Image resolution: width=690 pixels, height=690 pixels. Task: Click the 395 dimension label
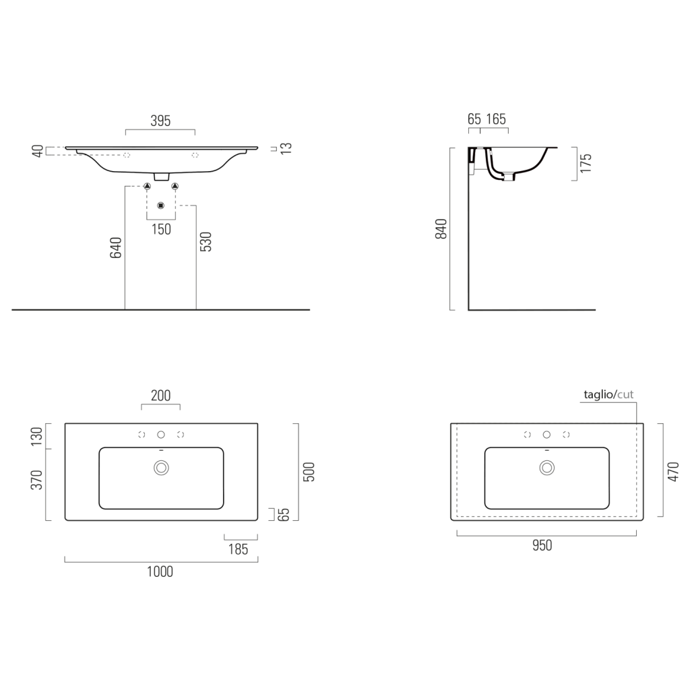tap(160, 121)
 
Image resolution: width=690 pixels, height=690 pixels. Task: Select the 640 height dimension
tap(116, 247)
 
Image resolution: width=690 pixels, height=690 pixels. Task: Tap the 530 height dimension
tap(206, 242)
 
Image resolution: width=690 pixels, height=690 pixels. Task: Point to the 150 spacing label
tap(161, 229)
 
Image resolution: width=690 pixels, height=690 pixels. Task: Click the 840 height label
tap(441, 229)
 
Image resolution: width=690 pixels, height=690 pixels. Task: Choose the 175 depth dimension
tap(586, 163)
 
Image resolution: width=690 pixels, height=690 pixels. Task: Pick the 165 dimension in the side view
tap(496, 119)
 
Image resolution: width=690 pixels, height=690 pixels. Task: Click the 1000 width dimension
tap(160, 571)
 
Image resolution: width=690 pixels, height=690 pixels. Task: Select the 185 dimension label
tap(238, 549)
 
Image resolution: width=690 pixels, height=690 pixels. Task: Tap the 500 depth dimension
tap(309, 472)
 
